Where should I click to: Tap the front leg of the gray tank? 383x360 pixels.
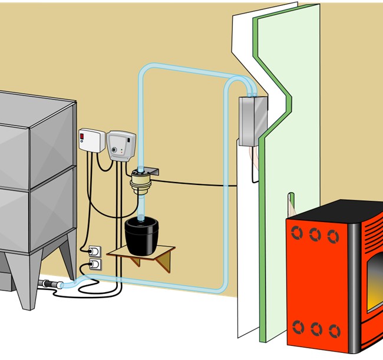click(x=27, y=283)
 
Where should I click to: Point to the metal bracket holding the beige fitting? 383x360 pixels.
click(x=154, y=171)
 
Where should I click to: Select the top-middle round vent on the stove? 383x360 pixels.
click(x=316, y=235)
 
